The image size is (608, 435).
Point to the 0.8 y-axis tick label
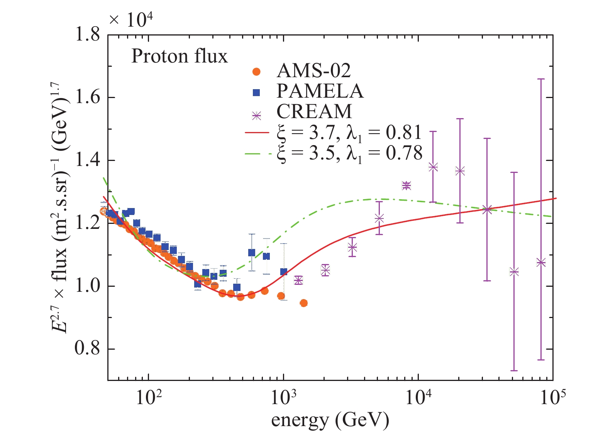pos(87,349)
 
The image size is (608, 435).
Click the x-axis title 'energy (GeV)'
pos(330,420)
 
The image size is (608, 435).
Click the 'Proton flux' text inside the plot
pos(180,56)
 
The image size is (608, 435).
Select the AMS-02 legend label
pos(313,71)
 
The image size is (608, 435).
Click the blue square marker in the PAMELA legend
pos(256,92)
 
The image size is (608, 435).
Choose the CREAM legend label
pos(314,112)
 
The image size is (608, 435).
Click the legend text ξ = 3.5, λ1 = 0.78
pos(349,153)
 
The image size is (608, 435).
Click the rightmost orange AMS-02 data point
pos(303,303)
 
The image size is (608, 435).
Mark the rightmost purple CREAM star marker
pos(541,263)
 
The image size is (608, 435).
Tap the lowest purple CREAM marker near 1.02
pos(298,280)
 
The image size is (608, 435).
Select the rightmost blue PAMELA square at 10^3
pos(284,272)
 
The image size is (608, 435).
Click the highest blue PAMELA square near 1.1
pos(252,253)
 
